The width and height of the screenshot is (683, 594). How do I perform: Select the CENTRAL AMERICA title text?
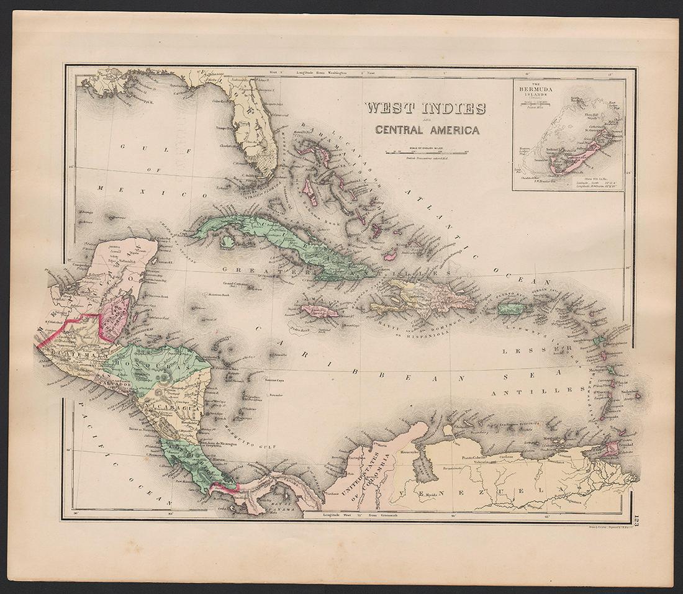425,130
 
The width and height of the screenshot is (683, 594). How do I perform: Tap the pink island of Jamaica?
320,310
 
